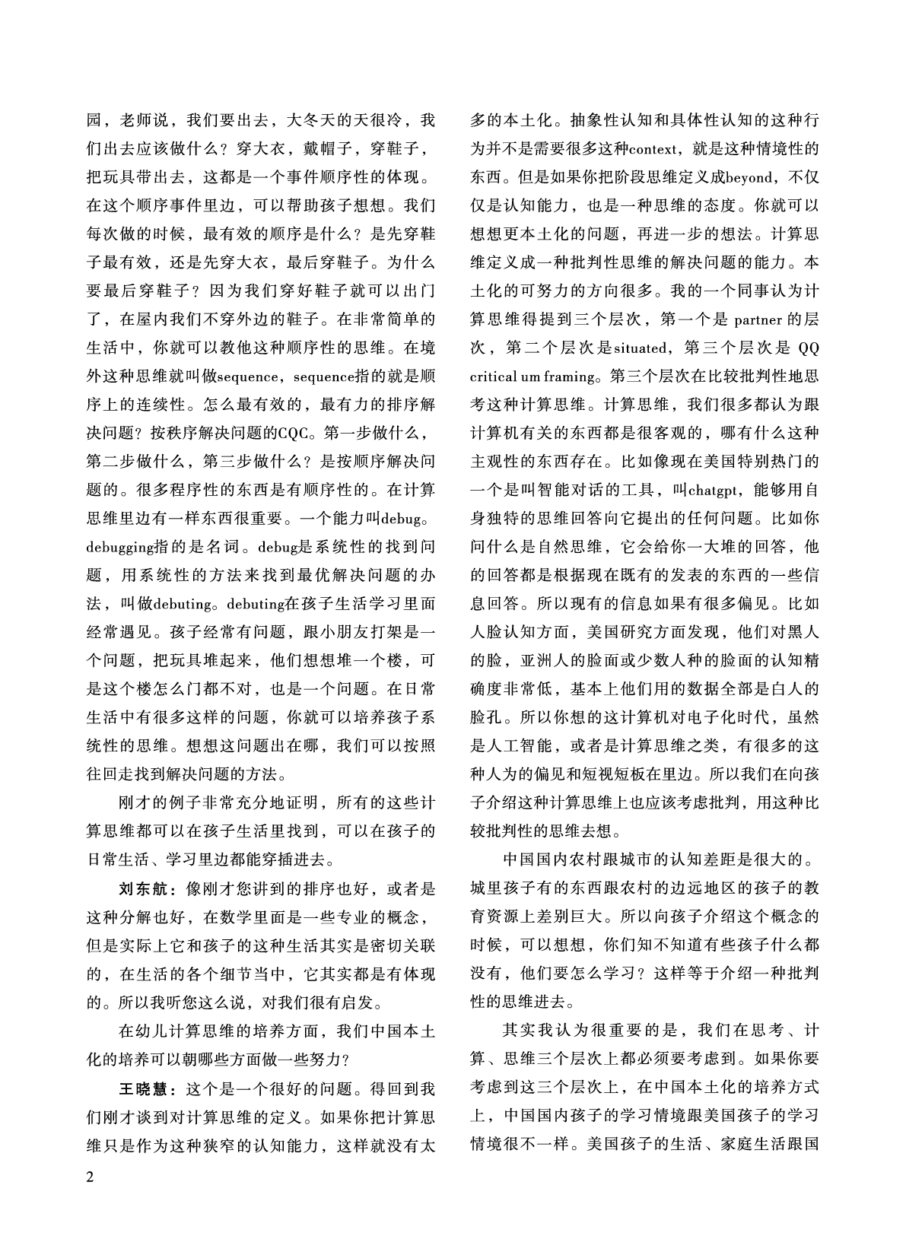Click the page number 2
tap(91, 1178)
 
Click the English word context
tap(654, 149)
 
